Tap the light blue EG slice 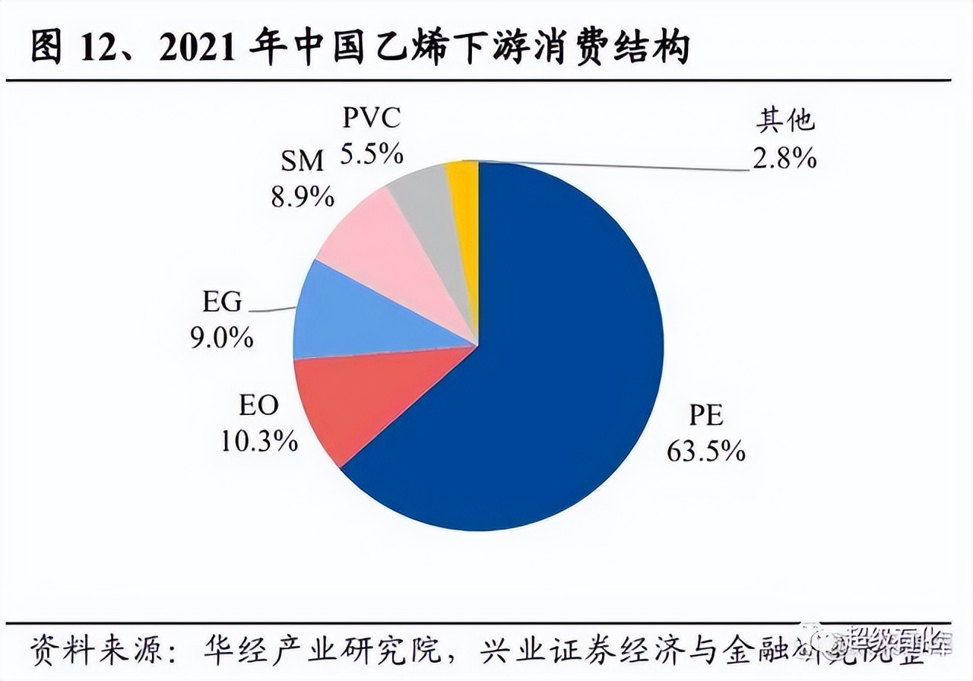[342, 315]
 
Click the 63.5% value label [705, 451]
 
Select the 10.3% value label [259, 441]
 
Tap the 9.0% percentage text [222, 337]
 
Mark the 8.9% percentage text [303, 197]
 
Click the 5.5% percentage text [371, 154]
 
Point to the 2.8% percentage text [784, 158]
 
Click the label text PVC [371, 119]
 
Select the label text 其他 [785, 121]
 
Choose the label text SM [302, 161]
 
